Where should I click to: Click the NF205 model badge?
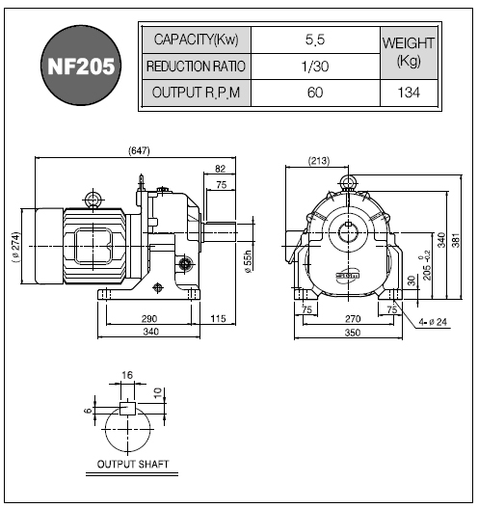click(x=81, y=66)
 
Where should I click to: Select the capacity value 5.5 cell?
click(x=315, y=40)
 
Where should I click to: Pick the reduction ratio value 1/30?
click(x=315, y=67)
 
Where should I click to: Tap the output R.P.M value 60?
click(x=315, y=93)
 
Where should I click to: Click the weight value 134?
click(x=409, y=93)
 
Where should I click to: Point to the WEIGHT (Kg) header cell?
click(x=409, y=53)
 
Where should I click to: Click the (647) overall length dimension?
click(x=139, y=150)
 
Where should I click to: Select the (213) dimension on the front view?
click(x=319, y=161)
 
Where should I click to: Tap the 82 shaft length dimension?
click(x=221, y=169)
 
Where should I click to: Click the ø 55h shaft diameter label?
click(x=249, y=261)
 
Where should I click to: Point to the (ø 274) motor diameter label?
click(x=15, y=247)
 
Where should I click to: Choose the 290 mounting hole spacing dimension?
click(x=149, y=319)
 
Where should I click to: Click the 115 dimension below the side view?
click(x=218, y=319)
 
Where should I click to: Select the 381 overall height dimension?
click(x=456, y=240)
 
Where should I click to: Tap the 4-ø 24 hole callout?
click(x=433, y=322)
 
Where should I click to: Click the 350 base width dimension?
click(x=353, y=333)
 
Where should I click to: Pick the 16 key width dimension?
click(x=127, y=375)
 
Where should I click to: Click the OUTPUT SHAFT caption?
click(x=133, y=465)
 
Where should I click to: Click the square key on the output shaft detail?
click(x=127, y=408)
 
